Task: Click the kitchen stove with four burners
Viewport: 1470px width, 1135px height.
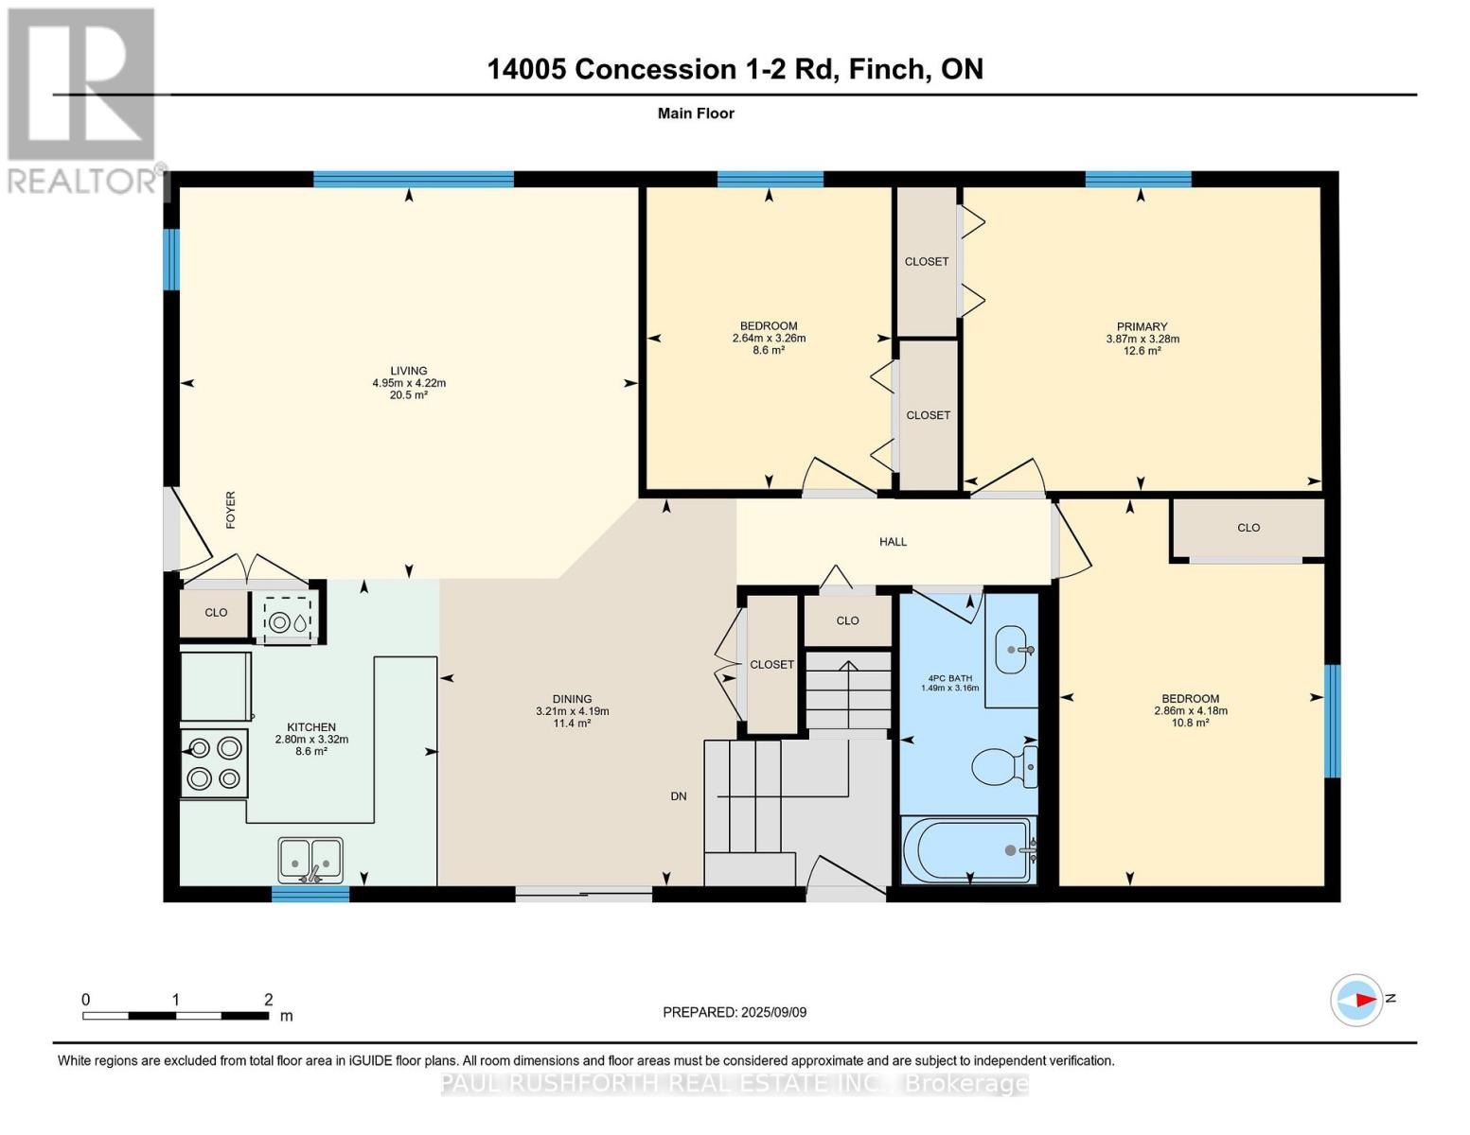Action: [x=215, y=763]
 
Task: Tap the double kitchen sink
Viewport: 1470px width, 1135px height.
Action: [x=310, y=860]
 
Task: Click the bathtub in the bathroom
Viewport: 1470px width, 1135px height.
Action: [x=968, y=850]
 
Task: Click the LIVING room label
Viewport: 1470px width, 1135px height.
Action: [x=409, y=371]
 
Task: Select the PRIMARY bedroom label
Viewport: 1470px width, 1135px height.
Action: [x=1142, y=327]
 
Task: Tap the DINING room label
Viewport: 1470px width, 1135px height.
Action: [x=572, y=699]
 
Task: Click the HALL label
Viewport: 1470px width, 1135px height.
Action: [x=893, y=542]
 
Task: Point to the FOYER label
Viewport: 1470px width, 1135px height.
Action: [x=230, y=510]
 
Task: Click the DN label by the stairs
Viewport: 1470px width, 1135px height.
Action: [x=679, y=796]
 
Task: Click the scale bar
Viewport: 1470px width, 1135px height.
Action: [x=175, y=1016]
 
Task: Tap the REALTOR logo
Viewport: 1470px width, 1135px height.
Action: [x=83, y=99]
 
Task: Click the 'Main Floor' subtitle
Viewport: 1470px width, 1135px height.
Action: [x=696, y=113]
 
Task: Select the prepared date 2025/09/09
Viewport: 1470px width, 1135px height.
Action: [x=735, y=1012]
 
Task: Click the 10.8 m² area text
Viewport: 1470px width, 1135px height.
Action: [x=1190, y=723]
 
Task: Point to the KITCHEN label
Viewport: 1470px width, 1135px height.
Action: [x=311, y=727]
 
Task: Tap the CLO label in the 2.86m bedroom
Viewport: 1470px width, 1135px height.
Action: [x=1248, y=528]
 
